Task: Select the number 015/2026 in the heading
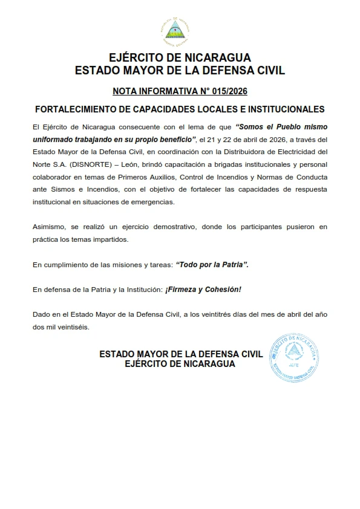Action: click(228, 91)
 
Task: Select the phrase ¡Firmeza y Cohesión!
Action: click(203, 290)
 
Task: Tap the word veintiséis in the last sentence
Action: click(74, 326)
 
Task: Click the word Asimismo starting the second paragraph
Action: click(48, 227)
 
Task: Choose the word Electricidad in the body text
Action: click(296, 151)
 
